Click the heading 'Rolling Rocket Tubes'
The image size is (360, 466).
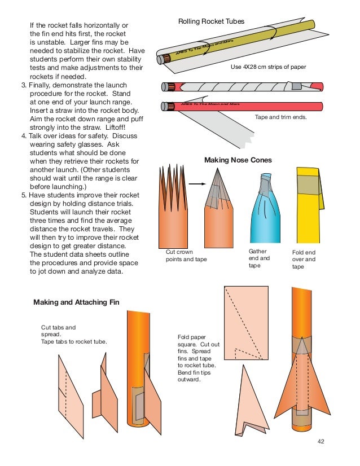211,21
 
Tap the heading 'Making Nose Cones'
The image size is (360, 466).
238,160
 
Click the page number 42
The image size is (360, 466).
322,442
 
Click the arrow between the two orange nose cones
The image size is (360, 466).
195,183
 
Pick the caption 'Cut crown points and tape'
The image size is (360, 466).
186,256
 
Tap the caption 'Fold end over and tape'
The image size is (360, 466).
304,260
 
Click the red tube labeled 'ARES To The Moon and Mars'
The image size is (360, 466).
243,105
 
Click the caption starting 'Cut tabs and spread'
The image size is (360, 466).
74,334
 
